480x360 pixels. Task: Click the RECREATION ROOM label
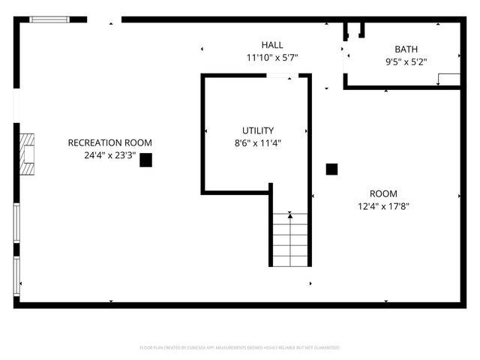[109, 142]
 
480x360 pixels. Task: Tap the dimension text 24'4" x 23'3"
[109, 156]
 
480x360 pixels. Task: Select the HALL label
[272, 45]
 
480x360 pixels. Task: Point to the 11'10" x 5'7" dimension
[272, 58]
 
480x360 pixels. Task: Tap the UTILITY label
[257, 130]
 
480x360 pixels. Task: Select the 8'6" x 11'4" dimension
[257, 143]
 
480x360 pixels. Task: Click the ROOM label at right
[383, 193]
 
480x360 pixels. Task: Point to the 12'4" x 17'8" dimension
[383, 206]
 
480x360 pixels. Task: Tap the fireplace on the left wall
[26, 154]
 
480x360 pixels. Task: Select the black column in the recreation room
[145, 160]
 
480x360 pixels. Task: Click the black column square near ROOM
[331, 169]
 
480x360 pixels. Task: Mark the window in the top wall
[48, 19]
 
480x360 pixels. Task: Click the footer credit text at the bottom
[240, 348]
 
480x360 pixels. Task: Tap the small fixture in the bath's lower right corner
[448, 79]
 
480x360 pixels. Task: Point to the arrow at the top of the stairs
[289, 215]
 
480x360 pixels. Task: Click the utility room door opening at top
[283, 76]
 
